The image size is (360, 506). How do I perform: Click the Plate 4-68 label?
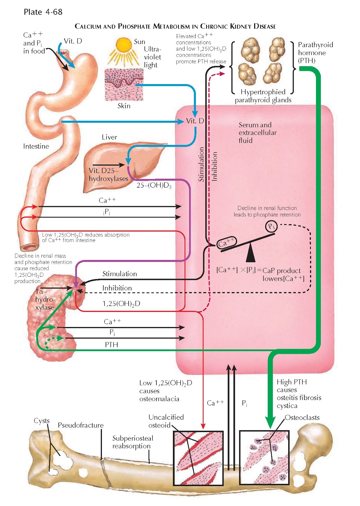pos(43,12)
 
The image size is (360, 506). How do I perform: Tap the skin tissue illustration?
pos(124,84)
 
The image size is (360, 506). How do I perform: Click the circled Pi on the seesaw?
pos(271,226)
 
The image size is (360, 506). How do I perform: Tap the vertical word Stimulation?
pos(201,164)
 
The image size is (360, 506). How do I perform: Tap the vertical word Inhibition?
pos(215,166)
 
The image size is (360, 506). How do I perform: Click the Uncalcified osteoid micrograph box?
pos(198,458)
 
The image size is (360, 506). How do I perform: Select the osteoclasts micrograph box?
pos(264,457)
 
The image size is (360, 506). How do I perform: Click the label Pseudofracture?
pos(81,425)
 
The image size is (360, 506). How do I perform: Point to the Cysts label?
pos(42,421)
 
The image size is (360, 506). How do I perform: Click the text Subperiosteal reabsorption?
pos(132,442)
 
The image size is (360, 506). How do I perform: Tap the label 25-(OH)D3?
pos(154,185)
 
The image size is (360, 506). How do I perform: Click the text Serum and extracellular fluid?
pos(257,133)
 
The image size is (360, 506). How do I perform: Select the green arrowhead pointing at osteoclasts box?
pos(270,423)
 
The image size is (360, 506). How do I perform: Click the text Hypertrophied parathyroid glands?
pos(263,96)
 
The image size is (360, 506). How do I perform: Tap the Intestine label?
pos(36,146)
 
